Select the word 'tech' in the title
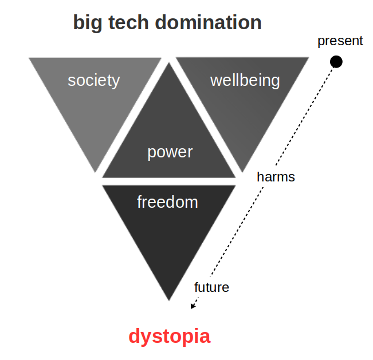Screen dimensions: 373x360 (128, 22)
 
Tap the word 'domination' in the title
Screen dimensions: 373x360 (208, 22)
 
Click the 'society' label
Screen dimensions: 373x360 (94, 81)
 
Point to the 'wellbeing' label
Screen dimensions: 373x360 (245, 81)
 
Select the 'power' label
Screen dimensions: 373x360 (170, 153)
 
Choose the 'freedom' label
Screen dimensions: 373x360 (167, 202)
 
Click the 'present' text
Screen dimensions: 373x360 (340, 41)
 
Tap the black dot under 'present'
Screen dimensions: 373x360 (336, 62)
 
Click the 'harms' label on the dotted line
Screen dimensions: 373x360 (276, 177)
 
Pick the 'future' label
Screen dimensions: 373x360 (211, 287)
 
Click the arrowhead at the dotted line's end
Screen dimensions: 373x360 (193, 306)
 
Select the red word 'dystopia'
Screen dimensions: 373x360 (170, 337)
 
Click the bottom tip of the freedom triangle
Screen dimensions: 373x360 (169, 300)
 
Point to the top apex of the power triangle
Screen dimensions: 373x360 (169, 63)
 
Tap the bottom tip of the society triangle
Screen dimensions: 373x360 (95, 172)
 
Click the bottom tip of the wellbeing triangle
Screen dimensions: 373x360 (242, 172)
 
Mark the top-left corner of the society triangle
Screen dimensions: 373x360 (29, 58)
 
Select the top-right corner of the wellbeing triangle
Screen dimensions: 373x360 (308, 57)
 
